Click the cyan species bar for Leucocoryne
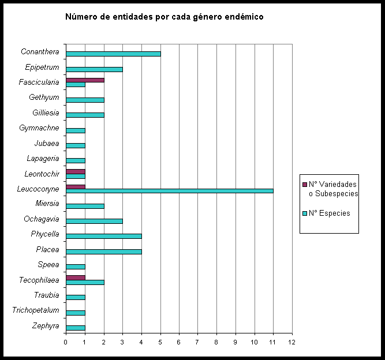coord(169,191)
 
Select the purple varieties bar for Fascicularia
coord(85,80)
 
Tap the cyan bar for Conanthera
coord(113,54)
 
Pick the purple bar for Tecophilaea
coord(76,277)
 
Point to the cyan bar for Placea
coord(104,252)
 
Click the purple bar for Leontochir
coord(76,171)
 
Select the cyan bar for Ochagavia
coord(94,221)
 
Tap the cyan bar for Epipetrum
coord(94,69)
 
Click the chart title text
coord(164,17)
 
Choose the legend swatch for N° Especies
coord(305,213)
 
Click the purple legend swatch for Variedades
coord(305,185)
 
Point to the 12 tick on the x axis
coord(292,342)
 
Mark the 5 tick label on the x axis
coord(160,342)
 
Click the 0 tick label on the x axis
coord(66,342)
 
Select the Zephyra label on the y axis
coord(46,326)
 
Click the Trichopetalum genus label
coord(36,310)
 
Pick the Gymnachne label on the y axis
coord(39,127)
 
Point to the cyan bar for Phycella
coord(104,236)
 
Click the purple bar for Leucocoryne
coord(76,186)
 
